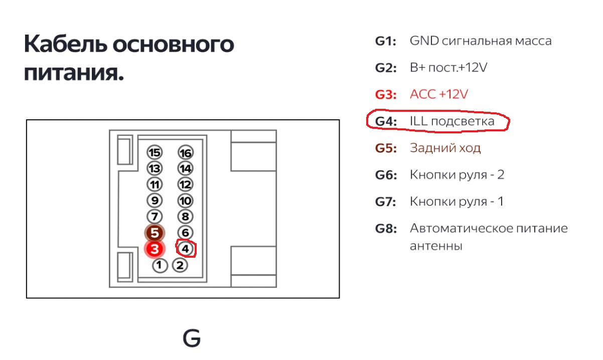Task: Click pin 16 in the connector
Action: pos(186,153)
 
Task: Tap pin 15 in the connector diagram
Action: pos(155,152)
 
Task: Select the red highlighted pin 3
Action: pos(155,249)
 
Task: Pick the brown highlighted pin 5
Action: pos(155,233)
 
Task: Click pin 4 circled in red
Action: pos(186,248)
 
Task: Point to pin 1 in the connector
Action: pos(160,265)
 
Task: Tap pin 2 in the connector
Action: pos(180,265)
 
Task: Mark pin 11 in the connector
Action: pos(155,185)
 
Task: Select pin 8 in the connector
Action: pos(186,217)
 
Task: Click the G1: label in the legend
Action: pos(385,41)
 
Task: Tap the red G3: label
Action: pos(385,94)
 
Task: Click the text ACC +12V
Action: pos(438,94)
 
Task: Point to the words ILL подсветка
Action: pos(451,121)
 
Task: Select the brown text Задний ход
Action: pos(445,148)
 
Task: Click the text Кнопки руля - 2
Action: pos(457,175)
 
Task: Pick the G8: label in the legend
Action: pos(385,229)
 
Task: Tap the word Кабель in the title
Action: pos(65,45)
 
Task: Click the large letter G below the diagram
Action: pos(192,339)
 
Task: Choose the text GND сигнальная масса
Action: pos(480,41)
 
